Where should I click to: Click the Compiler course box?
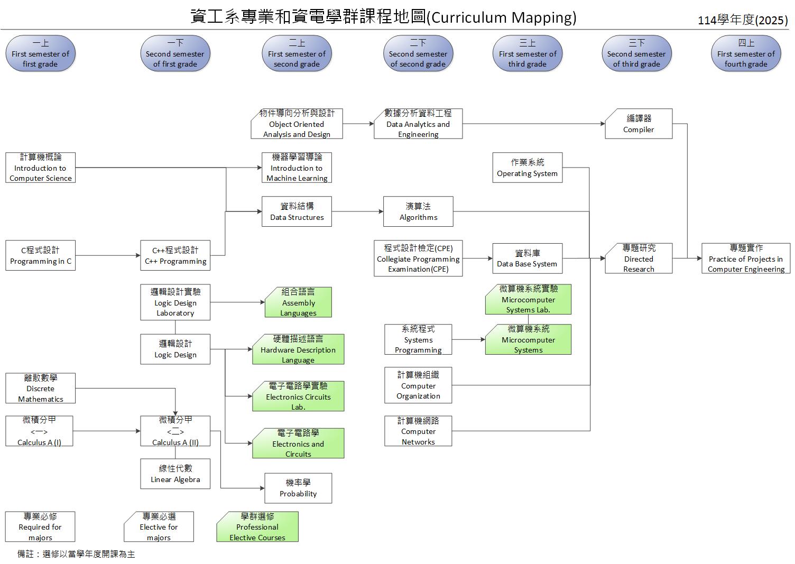pyautogui.click(x=639, y=124)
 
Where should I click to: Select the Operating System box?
pyautogui.click(x=527, y=168)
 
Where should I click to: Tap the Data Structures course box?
pyautogui.click(x=297, y=211)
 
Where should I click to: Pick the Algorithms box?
pyautogui.click(x=418, y=211)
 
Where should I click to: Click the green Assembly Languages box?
pyautogui.click(x=298, y=302)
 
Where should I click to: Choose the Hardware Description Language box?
pyautogui.click(x=298, y=349)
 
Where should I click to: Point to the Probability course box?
pyautogui.click(x=298, y=488)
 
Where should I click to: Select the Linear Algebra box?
pyautogui.click(x=175, y=474)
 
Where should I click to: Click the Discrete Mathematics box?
pyautogui.click(x=40, y=389)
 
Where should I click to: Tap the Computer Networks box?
pyautogui.click(x=418, y=431)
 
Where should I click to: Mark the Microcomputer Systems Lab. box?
pyautogui.click(x=528, y=299)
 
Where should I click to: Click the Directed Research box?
pyautogui.click(x=639, y=258)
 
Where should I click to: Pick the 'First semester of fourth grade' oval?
pyautogui.click(x=746, y=53)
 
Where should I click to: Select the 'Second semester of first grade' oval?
pyautogui.click(x=175, y=53)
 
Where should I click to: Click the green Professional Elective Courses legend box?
pyautogui.click(x=257, y=527)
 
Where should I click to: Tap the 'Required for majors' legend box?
pyautogui.click(x=40, y=527)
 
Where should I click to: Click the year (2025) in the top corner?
pyautogui.click(x=771, y=20)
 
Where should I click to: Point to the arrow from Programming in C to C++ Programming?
pyautogui.click(x=108, y=256)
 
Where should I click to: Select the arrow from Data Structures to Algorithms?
pyautogui.click(x=357, y=211)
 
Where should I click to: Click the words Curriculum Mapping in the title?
pyautogui.click(x=502, y=17)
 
